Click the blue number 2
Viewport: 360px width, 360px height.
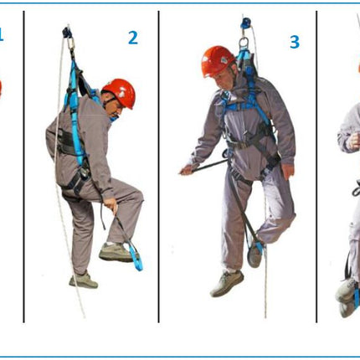[x=133, y=38]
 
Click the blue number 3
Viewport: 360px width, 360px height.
[x=295, y=42]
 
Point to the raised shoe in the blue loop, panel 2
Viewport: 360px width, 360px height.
[x=116, y=252]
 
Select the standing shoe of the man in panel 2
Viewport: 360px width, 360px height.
[x=84, y=280]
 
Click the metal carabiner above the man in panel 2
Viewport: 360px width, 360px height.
[x=70, y=44]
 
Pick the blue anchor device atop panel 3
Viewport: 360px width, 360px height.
[x=246, y=23]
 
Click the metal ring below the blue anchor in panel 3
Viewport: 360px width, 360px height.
[x=244, y=43]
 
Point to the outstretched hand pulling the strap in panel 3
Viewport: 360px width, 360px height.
[x=187, y=169]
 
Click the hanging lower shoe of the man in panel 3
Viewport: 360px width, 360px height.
[x=227, y=283]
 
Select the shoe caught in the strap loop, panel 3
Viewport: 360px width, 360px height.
[x=255, y=254]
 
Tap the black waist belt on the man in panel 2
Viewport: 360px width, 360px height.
[x=66, y=142]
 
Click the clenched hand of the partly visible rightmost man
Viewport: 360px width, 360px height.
[x=353, y=141]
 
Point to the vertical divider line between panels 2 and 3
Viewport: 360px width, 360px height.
[x=159, y=167]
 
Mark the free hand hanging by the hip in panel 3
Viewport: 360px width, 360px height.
[x=288, y=172]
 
